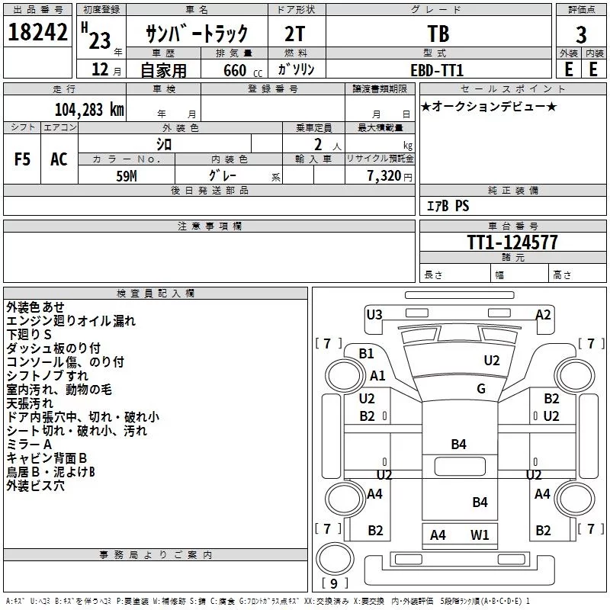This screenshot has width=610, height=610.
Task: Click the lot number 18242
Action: coord(37,34)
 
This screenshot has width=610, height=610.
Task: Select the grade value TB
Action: coord(438,34)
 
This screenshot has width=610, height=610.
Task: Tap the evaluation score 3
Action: coord(581,34)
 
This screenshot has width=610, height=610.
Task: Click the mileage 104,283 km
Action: coord(89,109)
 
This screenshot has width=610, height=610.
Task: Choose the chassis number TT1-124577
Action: coord(512,242)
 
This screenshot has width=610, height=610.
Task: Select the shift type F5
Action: coord(23,159)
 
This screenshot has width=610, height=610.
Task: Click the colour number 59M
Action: coord(127,175)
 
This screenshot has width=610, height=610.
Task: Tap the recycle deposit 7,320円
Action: coord(388,175)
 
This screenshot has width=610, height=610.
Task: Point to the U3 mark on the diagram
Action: coord(374,314)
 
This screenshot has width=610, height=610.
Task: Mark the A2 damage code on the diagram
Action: coord(543,314)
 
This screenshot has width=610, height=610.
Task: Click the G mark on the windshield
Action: coord(480,389)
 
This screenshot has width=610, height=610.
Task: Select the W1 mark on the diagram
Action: coord(480,535)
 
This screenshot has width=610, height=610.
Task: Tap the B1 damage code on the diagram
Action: coord(367,353)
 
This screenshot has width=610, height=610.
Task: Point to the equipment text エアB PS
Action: coord(448,206)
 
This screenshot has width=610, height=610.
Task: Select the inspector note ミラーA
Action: coord(29,445)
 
